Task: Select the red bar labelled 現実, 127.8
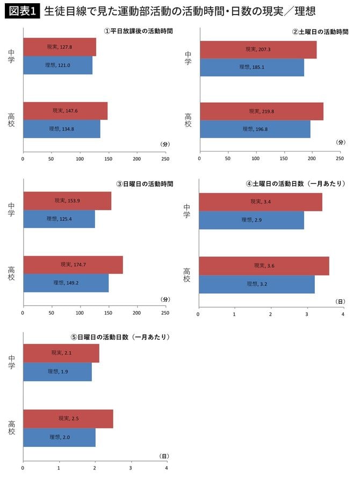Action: pyautogui.click(x=60, y=47)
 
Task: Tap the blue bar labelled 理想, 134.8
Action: pyautogui.click(x=61, y=129)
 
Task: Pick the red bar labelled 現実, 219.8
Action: pyautogui.click(x=261, y=111)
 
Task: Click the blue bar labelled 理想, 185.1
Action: pyautogui.click(x=251, y=67)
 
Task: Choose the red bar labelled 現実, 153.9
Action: pyautogui.click(x=67, y=201)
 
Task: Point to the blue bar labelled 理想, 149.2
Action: pyautogui.click(x=66, y=283)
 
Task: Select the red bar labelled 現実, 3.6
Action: pyautogui.click(x=264, y=266)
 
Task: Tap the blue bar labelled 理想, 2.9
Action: pyautogui.click(x=251, y=220)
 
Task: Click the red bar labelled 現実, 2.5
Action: pyautogui.click(x=68, y=418)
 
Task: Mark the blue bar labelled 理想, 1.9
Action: pyautogui.click(x=57, y=372)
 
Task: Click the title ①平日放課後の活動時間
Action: pyautogui.click(x=138, y=31)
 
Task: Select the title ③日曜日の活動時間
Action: pyautogui.click(x=145, y=184)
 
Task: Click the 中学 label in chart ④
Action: pyautogui.click(x=187, y=211)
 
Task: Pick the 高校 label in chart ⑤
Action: pyautogui.click(x=12, y=428)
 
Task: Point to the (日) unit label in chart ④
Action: pyautogui.click(x=340, y=302)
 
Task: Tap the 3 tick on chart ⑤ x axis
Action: pyautogui.click(x=131, y=468)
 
